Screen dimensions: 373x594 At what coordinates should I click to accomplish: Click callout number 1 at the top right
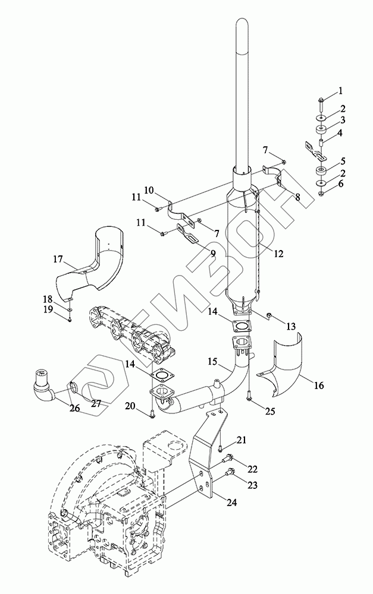340,91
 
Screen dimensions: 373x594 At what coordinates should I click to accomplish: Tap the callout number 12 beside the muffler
278,254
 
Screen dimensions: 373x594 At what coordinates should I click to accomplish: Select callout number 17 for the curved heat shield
58,260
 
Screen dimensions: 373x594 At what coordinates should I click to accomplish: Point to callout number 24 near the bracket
232,503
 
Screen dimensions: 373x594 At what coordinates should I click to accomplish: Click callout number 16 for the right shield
319,386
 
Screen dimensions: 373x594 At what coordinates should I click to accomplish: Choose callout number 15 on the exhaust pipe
212,362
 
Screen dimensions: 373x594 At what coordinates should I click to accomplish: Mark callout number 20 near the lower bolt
130,406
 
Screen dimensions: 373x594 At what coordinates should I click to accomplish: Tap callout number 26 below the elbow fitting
74,409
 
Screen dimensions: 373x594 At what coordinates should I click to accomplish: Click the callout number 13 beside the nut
291,326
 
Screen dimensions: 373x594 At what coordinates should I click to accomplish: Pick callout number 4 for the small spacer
340,133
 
